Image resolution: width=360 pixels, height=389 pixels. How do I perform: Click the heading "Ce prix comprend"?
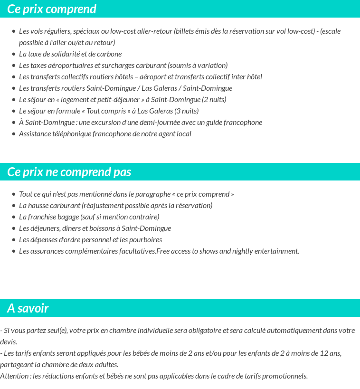[52, 9]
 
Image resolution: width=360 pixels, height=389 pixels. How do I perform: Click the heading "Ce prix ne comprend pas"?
[69, 172]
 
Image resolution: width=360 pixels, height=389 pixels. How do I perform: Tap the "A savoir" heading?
[28, 308]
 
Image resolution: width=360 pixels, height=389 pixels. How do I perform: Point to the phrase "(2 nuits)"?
[214, 100]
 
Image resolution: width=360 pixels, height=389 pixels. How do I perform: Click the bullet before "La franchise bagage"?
[14, 217]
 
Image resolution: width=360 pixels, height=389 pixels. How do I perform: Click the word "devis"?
[8, 342]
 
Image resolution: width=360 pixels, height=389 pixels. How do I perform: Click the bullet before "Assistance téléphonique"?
[14, 134]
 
